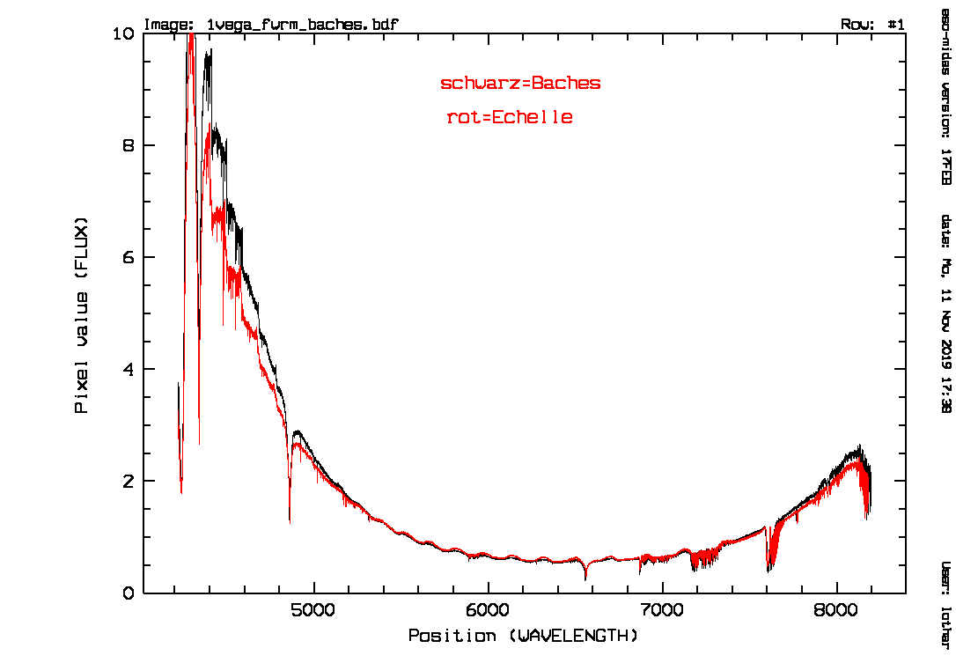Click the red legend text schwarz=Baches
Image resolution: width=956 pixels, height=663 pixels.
pos(520,84)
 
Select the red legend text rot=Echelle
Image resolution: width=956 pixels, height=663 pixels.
pos(510,117)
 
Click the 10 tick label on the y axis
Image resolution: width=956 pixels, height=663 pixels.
pos(124,33)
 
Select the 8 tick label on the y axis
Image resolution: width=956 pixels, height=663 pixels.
pos(129,145)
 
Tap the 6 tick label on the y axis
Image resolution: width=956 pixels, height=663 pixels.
pos(129,257)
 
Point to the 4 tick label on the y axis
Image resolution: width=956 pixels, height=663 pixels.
pos(129,369)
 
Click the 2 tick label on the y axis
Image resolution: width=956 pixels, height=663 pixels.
pos(129,482)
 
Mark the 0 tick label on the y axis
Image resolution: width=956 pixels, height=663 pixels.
pos(129,593)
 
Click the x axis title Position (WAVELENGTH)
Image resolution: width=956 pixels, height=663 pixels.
pos(524,636)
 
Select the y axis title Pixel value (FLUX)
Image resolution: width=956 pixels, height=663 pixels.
pos(82,313)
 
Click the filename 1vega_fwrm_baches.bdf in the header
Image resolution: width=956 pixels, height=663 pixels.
pos(301,25)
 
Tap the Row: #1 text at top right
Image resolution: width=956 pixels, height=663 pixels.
pos(872,25)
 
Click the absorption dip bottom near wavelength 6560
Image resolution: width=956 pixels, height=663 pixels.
pos(585,578)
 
